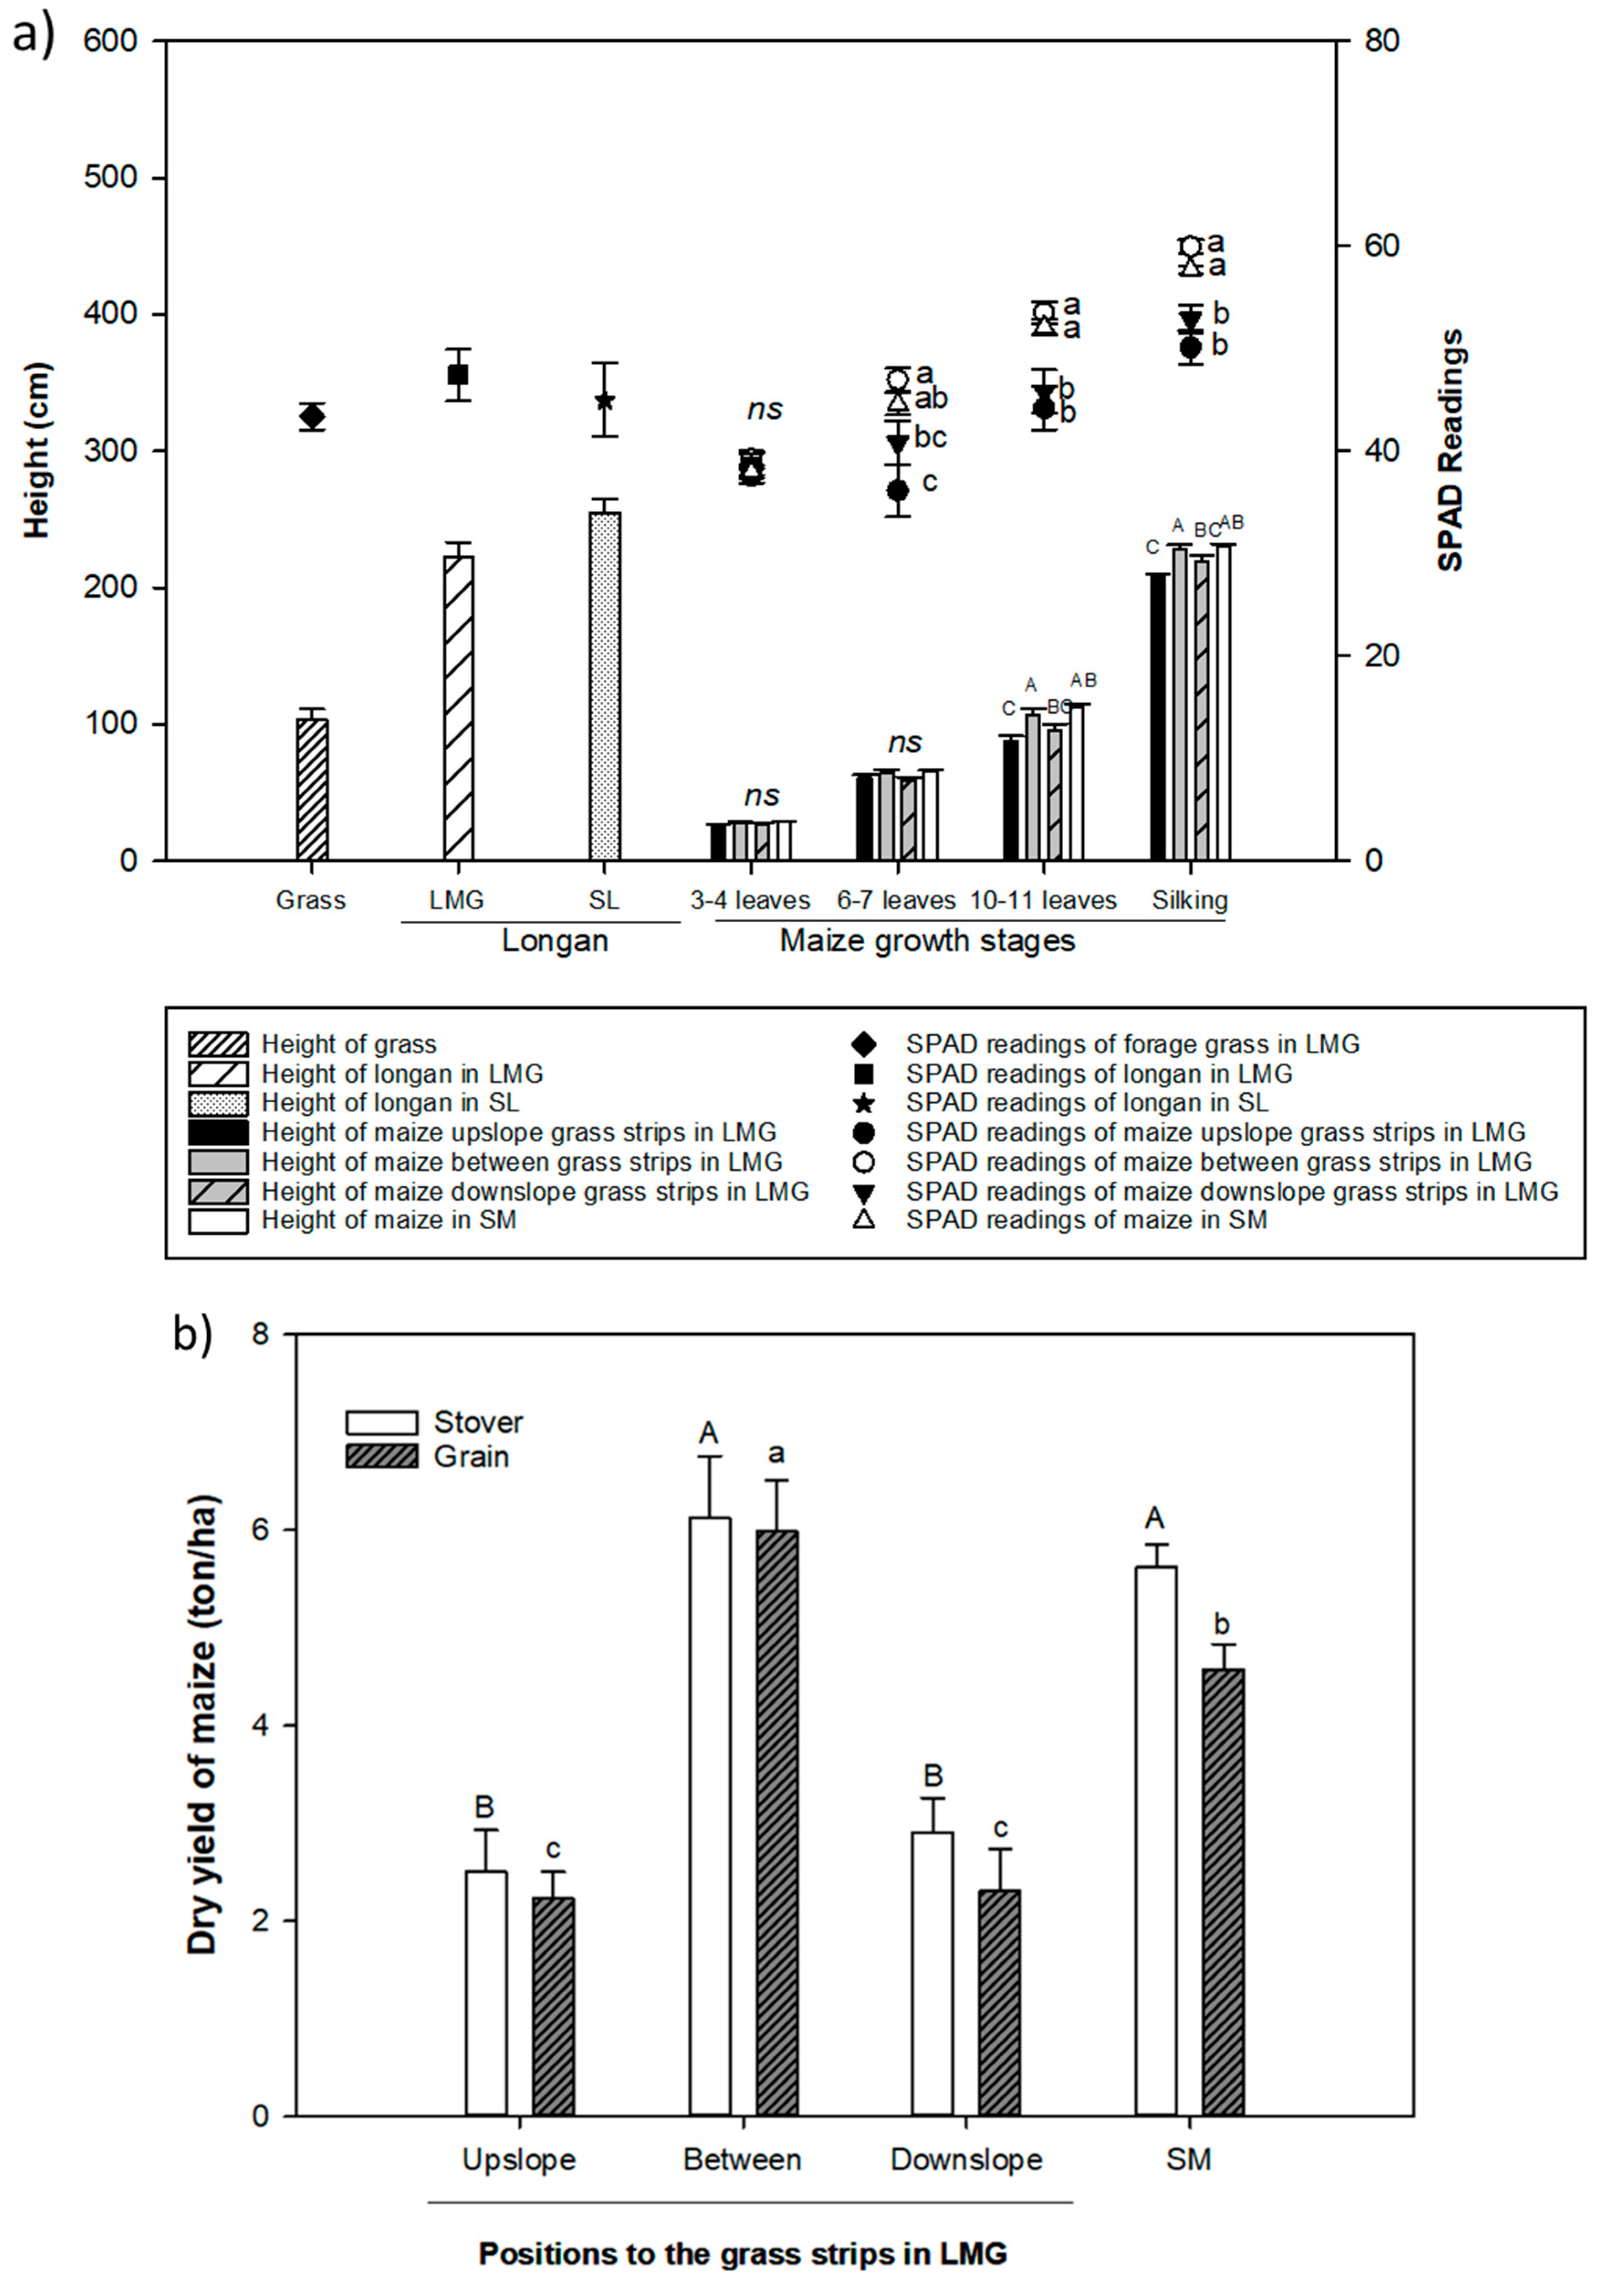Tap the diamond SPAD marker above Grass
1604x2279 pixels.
click(x=312, y=417)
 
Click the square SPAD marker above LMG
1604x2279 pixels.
click(x=458, y=374)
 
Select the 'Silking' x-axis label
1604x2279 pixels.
click(x=1189, y=900)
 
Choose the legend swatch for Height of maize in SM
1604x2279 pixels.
click(x=217, y=1220)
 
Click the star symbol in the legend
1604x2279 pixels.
click(x=863, y=1103)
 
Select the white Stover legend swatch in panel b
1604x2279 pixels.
click(x=381, y=1422)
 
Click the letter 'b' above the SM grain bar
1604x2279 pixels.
click(x=1222, y=1625)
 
